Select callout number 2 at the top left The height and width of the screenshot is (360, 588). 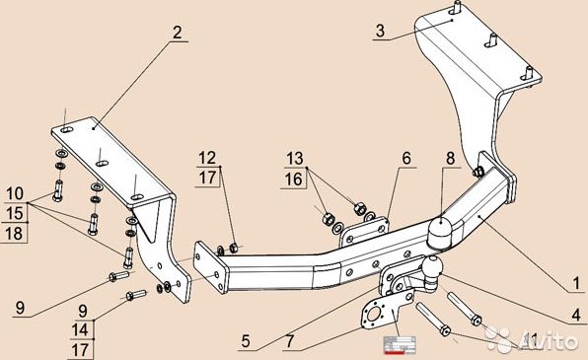click(x=177, y=34)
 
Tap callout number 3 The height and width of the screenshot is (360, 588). click(x=379, y=32)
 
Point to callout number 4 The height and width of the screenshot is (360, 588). click(x=573, y=318)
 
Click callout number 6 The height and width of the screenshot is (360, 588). click(x=404, y=158)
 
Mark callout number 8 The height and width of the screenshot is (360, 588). click(x=450, y=158)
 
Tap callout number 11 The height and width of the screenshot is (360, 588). click(x=530, y=341)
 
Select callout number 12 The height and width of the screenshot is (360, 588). click(x=206, y=158)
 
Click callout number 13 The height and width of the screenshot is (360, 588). click(x=296, y=159)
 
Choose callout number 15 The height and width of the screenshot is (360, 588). click(x=14, y=212)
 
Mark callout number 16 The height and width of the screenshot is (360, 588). click(x=296, y=180)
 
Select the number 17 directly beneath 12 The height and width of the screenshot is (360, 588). click(x=206, y=179)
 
